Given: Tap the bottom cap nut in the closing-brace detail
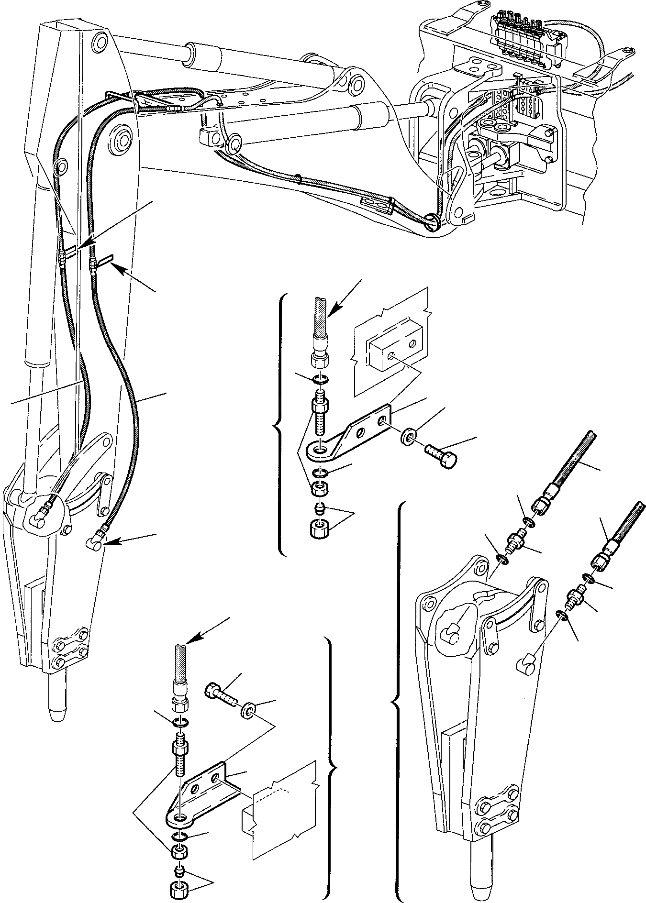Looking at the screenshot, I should pyautogui.click(x=178, y=890).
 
